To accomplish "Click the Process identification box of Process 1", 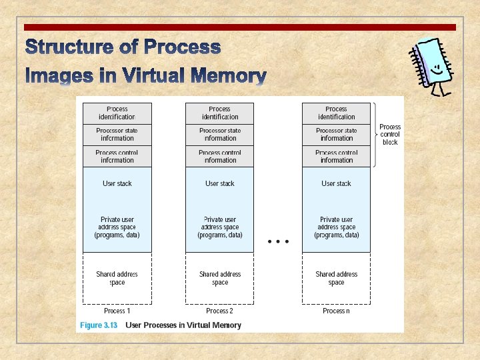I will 117,113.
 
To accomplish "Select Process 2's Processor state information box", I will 220,135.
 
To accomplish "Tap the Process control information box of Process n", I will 336,157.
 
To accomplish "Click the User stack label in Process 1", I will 117,183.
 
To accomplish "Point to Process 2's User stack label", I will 220,183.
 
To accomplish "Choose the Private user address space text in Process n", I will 336,227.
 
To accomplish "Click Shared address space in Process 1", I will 117,278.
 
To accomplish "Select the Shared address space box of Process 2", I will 220,278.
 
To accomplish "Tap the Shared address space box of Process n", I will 336,278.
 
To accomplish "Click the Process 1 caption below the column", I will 117,311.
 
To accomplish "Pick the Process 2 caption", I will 220,311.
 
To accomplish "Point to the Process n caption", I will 336,311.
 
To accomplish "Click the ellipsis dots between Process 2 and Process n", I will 278,241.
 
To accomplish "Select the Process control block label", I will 390,135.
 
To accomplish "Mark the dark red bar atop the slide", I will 240,27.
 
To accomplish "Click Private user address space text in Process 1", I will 117,227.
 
